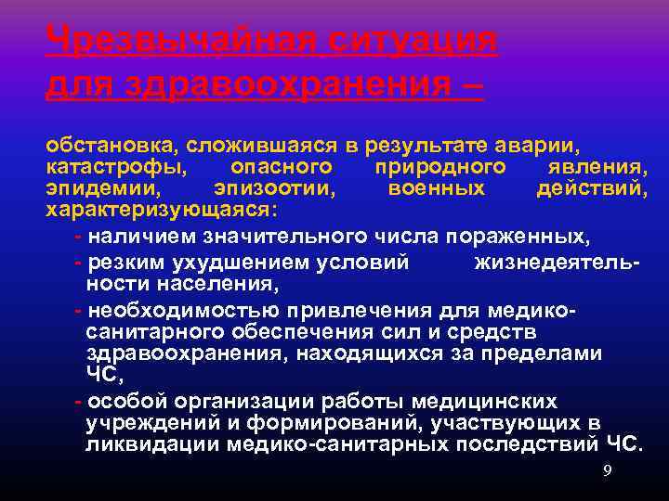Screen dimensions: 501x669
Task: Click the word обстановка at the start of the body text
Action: coord(111,146)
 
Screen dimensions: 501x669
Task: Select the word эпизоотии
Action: coord(275,188)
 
